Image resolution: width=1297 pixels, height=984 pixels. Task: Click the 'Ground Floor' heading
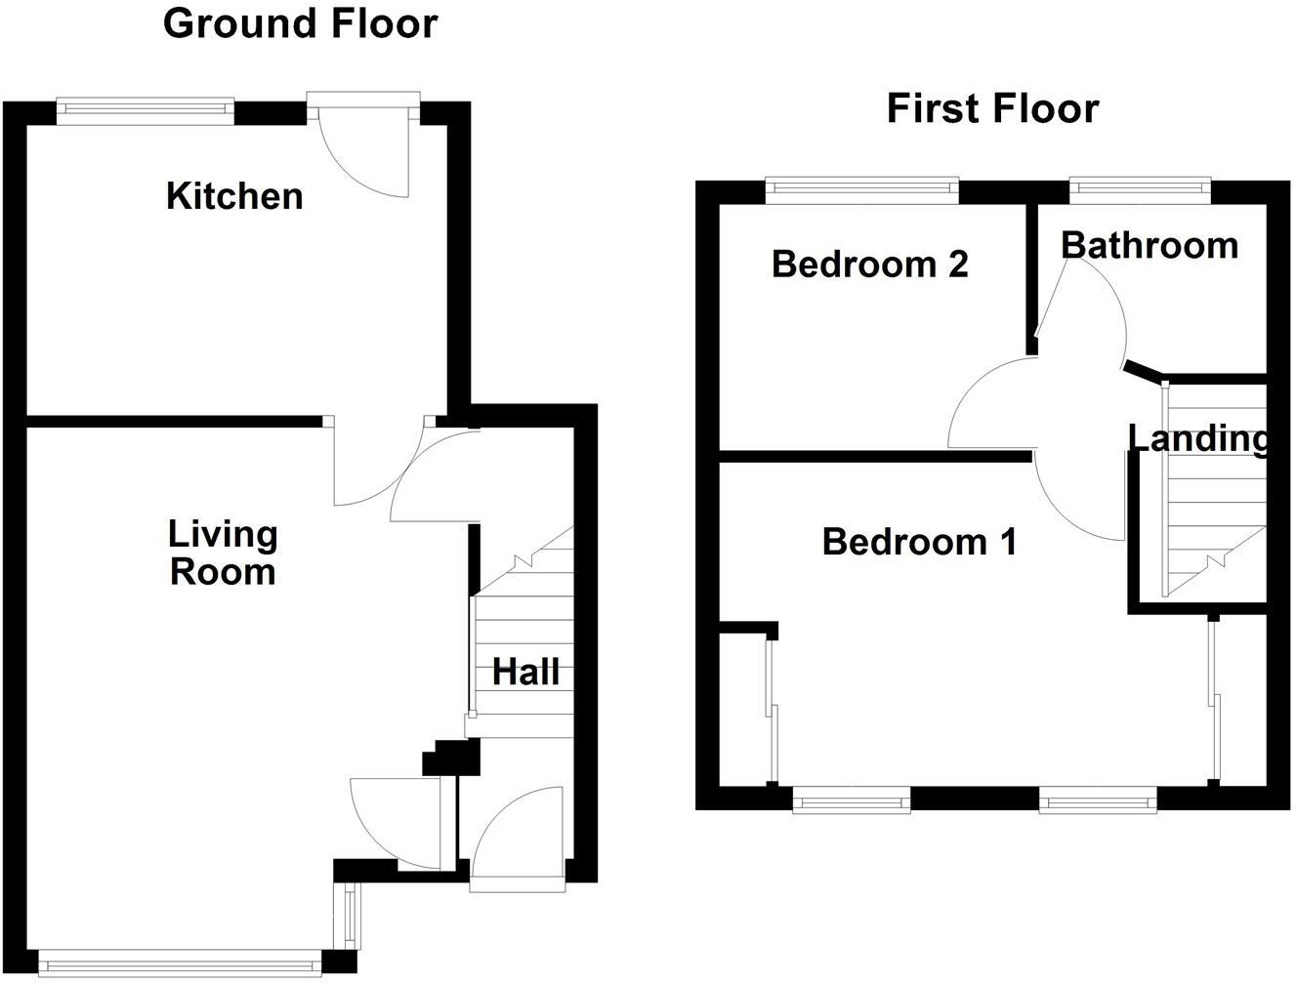point(300,23)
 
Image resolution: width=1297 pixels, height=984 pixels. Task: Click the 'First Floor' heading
point(992,108)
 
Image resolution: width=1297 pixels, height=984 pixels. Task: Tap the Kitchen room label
point(234,196)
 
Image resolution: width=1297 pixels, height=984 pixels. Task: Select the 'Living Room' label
point(223,553)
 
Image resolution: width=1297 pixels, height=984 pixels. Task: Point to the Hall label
point(525,672)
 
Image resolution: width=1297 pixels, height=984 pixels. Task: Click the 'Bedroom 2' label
point(869,264)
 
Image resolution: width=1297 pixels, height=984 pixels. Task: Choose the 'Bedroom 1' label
point(919,541)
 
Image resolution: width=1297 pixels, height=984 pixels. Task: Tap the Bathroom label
point(1150,245)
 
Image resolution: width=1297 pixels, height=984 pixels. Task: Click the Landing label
point(1198,438)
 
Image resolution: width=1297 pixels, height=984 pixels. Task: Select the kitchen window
point(146,110)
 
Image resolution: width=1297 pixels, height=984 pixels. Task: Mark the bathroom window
point(1140,189)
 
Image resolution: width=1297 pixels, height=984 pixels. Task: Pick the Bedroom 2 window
point(861,189)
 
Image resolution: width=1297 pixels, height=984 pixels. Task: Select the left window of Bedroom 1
point(851,801)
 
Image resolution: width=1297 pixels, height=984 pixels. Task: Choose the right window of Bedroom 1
point(1098,801)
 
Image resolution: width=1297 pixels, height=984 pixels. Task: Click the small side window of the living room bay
point(349,915)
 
